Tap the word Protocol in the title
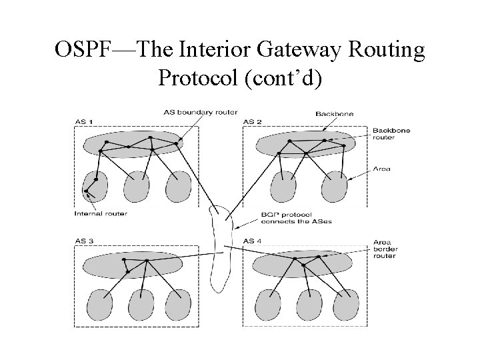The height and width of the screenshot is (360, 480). [x=198, y=78]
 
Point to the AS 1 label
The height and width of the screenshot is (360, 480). [x=85, y=121]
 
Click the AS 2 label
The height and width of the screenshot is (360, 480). [x=253, y=121]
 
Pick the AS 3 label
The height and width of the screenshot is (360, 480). [x=85, y=241]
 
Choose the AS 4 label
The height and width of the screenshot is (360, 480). [x=253, y=241]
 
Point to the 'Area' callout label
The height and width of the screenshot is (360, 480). [x=382, y=169]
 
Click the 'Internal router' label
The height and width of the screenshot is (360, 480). [x=101, y=214]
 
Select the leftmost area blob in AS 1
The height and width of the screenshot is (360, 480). [x=95, y=186]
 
